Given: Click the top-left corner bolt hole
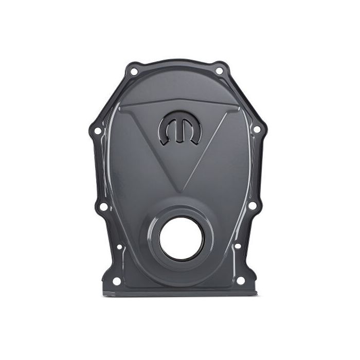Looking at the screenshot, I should coord(134,71).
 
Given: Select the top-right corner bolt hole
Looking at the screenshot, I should coord(220,71).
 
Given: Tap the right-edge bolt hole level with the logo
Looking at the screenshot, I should coord(256,130).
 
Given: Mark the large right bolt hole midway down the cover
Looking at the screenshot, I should coord(252,206).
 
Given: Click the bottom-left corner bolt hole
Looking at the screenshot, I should coord(117,281).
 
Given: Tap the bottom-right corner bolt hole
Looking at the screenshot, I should coord(240,280).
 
